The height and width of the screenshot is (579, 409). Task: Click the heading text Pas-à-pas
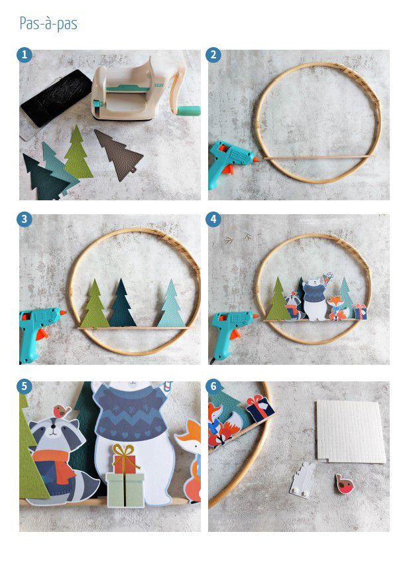pyautogui.click(x=48, y=24)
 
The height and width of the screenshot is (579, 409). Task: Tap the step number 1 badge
pyautogui.click(x=25, y=55)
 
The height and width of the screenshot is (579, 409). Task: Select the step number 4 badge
pyautogui.click(x=213, y=220)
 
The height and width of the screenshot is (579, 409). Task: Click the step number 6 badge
pyautogui.click(x=213, y=387)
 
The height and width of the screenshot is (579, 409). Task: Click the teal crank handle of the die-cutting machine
pyautogui.click(x=188, y=110)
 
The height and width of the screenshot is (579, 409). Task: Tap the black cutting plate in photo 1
pyautogui.click(x=56, y=98)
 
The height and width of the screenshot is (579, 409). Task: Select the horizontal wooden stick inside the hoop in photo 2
pyautogui.click(x=317, y=158)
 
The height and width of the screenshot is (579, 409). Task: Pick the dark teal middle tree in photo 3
pyautogui.click(x=122, y=304)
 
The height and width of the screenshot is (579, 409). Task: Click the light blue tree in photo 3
pyautogui.click(x=171, y=304)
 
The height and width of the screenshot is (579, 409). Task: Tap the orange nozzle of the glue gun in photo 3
pyautogui.click(x=62, y=313)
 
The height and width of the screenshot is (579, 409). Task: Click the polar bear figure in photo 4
pyautogui.click(x=315, y=300)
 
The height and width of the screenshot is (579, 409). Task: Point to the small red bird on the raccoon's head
pyautogui.click(x=62, y=411)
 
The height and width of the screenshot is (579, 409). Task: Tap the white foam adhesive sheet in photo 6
pyautogui.click(x=349, y=431)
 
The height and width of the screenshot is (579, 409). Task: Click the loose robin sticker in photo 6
pyautogui.click(x=345, y=484)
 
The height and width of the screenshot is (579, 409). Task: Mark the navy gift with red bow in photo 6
pyautogui.click(x=261, y=409)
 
